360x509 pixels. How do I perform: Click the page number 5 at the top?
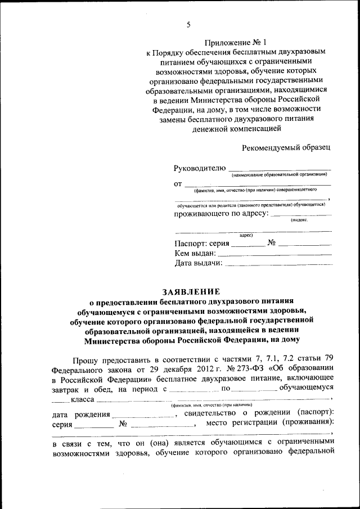(188, 24)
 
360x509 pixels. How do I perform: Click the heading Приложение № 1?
(237, 42)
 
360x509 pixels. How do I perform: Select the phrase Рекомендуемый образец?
(286, 148)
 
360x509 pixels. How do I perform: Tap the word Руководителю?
(200, 168)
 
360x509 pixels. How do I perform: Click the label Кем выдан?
(191, 253)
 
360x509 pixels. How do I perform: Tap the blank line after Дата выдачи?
(278, 263)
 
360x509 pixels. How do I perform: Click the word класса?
(82, 400)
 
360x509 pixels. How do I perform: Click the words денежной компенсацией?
(236, 129)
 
